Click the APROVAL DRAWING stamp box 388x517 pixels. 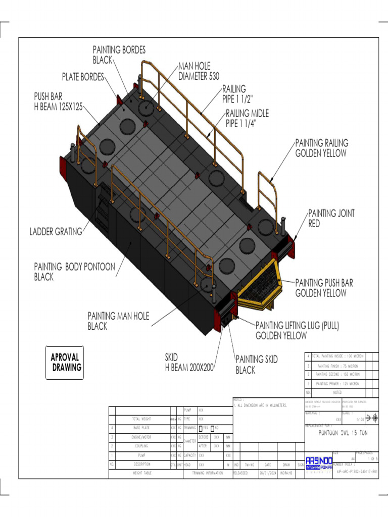[x=65, y=362]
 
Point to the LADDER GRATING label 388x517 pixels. [x=56, y=232]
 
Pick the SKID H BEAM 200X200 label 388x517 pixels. [x=189, y=363]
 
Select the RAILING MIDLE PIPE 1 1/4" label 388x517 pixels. [x=247, y=118]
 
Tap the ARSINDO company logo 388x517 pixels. [x=319, y=464]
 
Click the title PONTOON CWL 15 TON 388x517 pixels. [x=343, y=433]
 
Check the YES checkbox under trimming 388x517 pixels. [x=201, y=428]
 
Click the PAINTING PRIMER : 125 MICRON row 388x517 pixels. [x=337, y=384]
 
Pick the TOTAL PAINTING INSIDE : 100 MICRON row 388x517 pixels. [x=337, y=356]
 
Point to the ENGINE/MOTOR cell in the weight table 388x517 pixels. [x=141, y=437]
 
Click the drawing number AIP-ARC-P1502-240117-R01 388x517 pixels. [x=356, y=473]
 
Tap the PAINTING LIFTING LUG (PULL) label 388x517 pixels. [x=297, y=330]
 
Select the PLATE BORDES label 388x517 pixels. [x=83, y=77]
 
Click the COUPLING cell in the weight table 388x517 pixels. [x=141, y=446]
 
